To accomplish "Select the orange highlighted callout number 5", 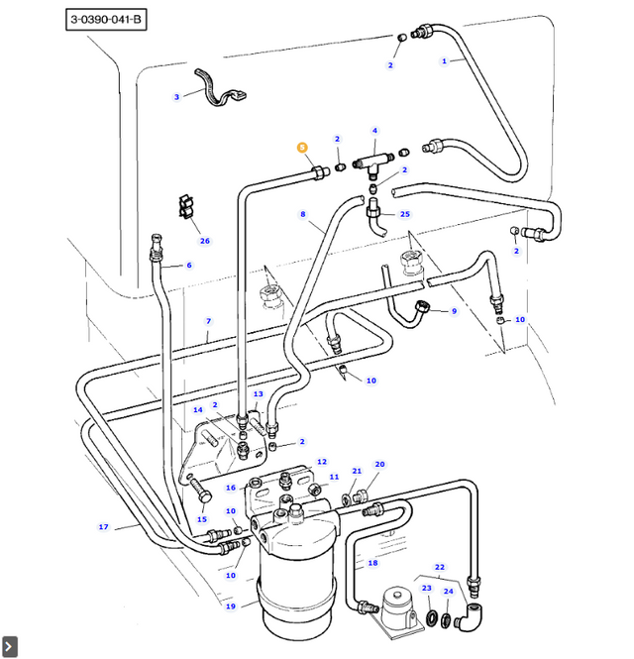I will [303, 148].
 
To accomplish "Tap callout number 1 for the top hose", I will [445, 61].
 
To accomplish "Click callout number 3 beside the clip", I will [176, 97].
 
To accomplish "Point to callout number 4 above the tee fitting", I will [374, 131].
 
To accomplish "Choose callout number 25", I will [404, 214].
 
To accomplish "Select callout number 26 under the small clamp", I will [205, 241].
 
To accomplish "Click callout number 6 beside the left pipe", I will [188, 266].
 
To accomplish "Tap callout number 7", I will [208, 321].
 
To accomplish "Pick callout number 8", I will [303, 214].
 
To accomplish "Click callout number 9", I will [454, 311].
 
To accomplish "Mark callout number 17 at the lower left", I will [103, 527].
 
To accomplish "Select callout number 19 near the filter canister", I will [230, 606].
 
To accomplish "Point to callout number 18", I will [372, 563].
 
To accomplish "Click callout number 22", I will [440, 567].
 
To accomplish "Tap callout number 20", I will [379, 464].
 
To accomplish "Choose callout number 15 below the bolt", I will [202, 519].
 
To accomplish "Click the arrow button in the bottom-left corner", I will [10, 648].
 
